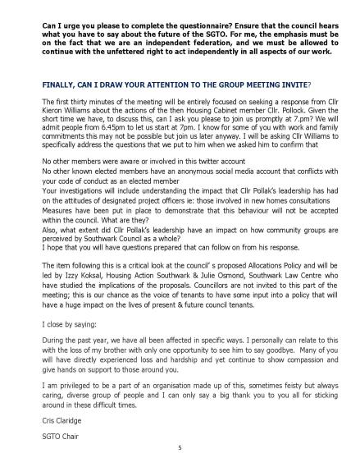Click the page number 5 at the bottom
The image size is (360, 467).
pyautogui.click(x=180, y=450)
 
